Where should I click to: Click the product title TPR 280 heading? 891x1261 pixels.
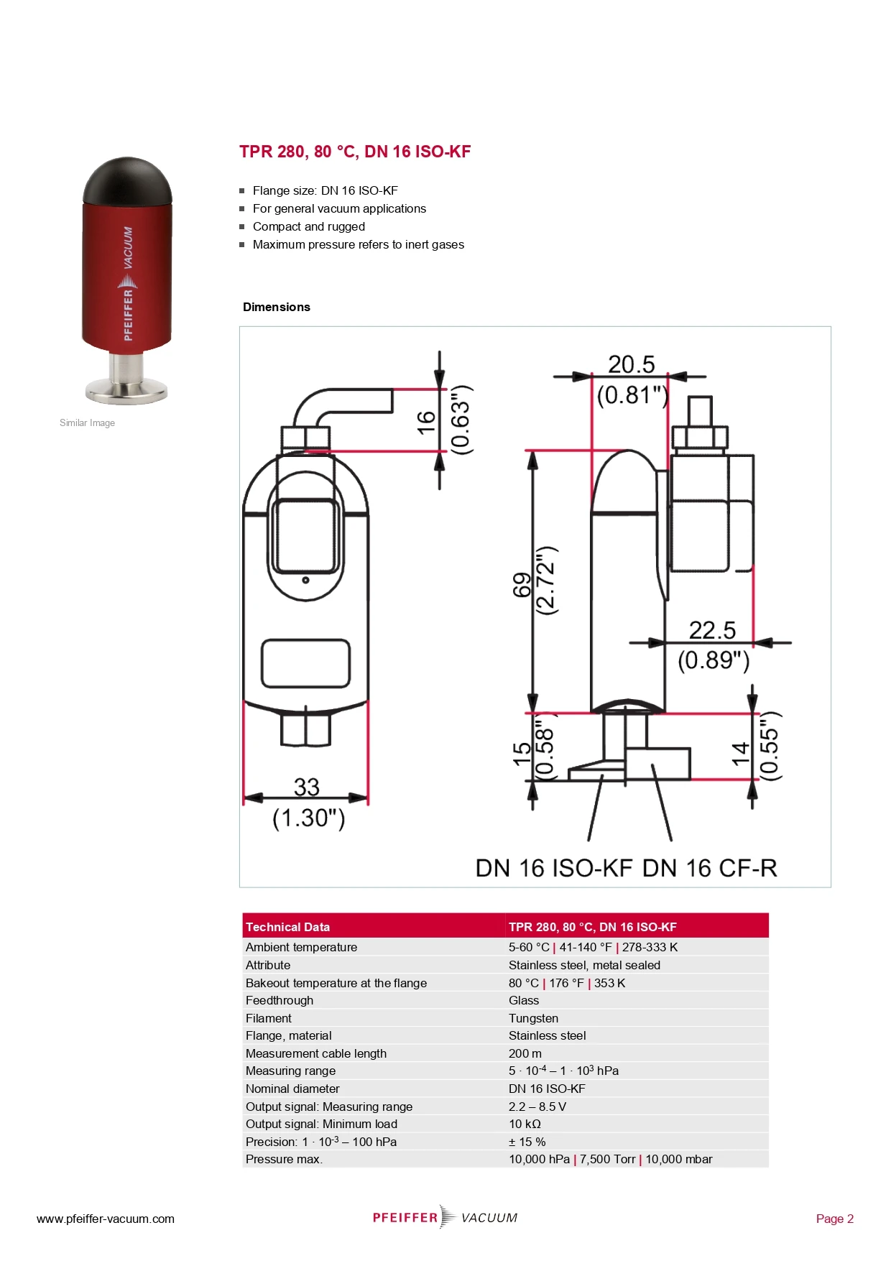pos(355,152)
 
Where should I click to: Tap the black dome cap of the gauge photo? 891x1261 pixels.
pos(127,180)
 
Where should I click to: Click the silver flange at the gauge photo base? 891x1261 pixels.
pos(126,391)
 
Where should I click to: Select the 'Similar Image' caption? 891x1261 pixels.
pos(87,422)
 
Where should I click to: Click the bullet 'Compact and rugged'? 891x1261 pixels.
pos(308,226)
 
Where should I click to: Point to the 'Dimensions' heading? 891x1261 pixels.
pos(276,307)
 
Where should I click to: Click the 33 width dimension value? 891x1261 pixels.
pos(307,787)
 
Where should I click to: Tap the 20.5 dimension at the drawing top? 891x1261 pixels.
pos(631,364)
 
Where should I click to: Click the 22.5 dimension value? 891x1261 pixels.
pos(712,630)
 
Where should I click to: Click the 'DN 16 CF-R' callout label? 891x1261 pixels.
pos(709,868)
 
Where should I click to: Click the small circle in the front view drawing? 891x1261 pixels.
pos(305,580)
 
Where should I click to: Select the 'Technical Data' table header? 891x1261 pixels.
pos(287,927)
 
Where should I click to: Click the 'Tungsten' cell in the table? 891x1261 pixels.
pos(533,1018)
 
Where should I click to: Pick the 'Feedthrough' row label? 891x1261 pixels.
pos(279,1000)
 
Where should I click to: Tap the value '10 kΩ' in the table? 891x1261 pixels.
pos(525,1124)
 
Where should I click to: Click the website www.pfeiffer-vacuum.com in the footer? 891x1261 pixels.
pos(106,1219)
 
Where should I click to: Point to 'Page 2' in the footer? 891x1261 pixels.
pos(834,1219)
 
